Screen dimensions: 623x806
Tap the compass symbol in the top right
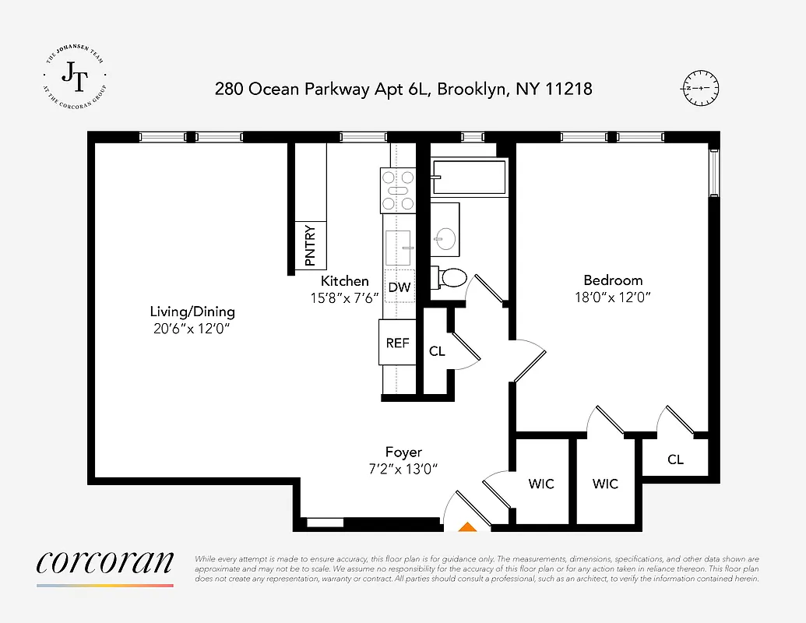coord(700,88)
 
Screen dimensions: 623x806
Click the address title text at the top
coord(403,89)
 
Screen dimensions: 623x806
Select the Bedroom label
coord(613,280)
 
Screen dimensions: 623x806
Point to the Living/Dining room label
coord(192,311)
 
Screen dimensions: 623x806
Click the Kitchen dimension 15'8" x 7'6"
coord(344,297)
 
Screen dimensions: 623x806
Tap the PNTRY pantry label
coord(310,245)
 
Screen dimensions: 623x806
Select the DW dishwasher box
coord(399,287)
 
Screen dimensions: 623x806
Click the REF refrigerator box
coord(398,343)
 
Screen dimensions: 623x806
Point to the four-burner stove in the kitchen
coord(397,190)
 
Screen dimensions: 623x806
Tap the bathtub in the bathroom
coord(468,177)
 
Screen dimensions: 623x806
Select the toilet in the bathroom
coord(450,277)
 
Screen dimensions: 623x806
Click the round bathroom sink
coord(445,238)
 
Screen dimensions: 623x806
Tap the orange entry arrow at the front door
coord(466,527)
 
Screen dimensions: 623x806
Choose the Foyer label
coord(403,452)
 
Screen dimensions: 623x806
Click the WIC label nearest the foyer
coord(541,484)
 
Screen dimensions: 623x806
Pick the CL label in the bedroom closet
coord(675,459)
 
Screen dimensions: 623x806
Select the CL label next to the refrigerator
coord(437,351)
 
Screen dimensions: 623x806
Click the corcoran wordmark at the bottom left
coord(104,564)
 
